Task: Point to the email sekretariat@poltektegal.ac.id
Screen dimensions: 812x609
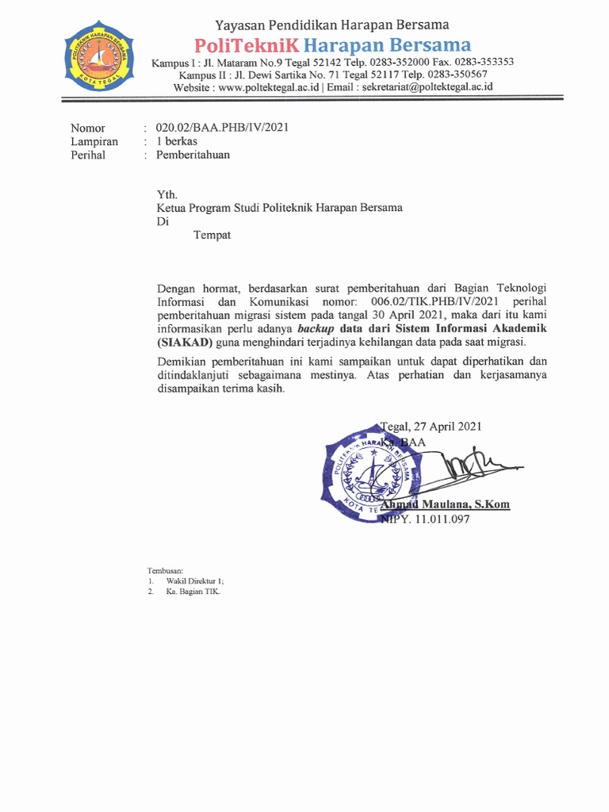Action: [x=427, y=87]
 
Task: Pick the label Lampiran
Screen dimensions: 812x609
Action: [x=94, y=141]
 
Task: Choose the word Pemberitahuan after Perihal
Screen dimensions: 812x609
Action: [x=193, y=155]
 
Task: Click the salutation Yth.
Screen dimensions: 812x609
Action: [x=167, y=194]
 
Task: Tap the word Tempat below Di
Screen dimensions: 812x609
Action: [x=212, y=235]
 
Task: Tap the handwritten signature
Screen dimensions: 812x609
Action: [x=476, y=465]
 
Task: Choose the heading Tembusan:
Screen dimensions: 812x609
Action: [x=165, y=571]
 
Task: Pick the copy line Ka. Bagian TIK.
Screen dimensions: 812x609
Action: [x=193, y=592]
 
